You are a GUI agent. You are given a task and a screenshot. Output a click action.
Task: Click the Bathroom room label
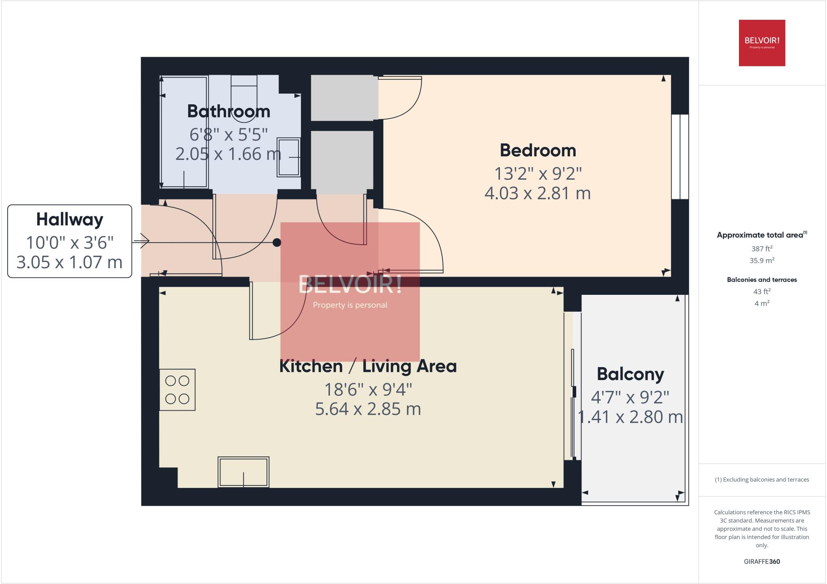(229, 111)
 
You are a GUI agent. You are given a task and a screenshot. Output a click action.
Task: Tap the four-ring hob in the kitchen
(177, 390)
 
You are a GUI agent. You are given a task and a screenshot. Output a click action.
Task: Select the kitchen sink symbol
(243, 472)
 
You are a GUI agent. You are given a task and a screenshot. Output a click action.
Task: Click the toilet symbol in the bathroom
(244, 99)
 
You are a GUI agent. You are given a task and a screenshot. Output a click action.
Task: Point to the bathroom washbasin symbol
(289, 158)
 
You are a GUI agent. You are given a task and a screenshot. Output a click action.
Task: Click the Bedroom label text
(538, 151)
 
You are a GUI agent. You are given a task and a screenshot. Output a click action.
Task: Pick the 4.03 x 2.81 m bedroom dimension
(537, 193)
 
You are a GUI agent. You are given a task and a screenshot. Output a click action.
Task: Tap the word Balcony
(630, 374)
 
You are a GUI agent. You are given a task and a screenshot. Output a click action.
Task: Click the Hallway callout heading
(69, 220)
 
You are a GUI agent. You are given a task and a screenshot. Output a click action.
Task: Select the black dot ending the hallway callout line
(277, 242)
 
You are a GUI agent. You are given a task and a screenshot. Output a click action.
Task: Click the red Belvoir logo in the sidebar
(762, 43)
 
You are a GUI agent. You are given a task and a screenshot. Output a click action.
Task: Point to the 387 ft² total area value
(762, 249)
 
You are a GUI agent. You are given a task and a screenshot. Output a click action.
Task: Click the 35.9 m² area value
(762, 260)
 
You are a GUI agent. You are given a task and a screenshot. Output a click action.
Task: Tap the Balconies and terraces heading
(762, 279)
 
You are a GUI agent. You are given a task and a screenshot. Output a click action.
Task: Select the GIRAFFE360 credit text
(762, 561)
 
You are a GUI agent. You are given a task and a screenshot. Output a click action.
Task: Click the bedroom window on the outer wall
(680, 157)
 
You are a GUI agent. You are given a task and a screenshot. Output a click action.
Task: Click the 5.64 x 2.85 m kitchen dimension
(368, 409)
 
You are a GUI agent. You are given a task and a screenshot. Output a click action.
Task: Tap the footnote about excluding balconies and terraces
(762, 480)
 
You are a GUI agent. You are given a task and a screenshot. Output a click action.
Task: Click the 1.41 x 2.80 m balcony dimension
(630, 417)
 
